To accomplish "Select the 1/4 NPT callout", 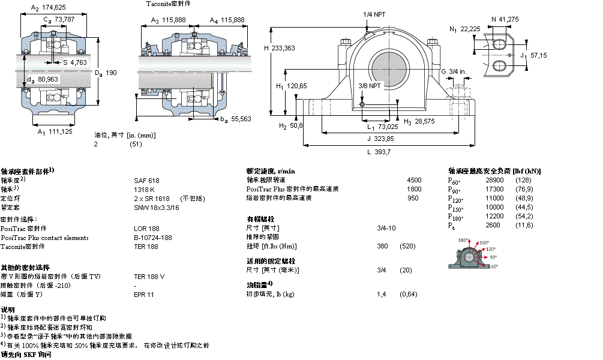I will [374, 14].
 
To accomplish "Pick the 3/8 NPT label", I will [369, 86].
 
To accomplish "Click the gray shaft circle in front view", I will [387, 66].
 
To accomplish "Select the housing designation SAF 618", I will [146, 180].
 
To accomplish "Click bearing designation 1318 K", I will [144, 189].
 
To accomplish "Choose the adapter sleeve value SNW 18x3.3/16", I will [156, 207].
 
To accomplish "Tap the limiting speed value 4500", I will [414, 180].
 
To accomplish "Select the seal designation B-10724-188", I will [153, 238].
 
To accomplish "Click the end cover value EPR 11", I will [144, 295].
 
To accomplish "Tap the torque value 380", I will [382, 247].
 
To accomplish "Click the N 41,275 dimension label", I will [505, 20].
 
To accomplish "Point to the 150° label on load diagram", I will [484, 243].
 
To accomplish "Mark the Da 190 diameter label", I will [105, 73].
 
